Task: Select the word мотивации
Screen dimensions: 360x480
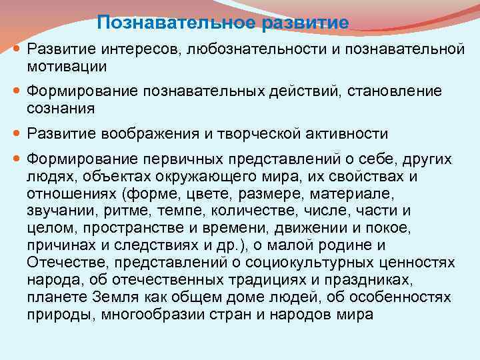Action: [x=67, y=66]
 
